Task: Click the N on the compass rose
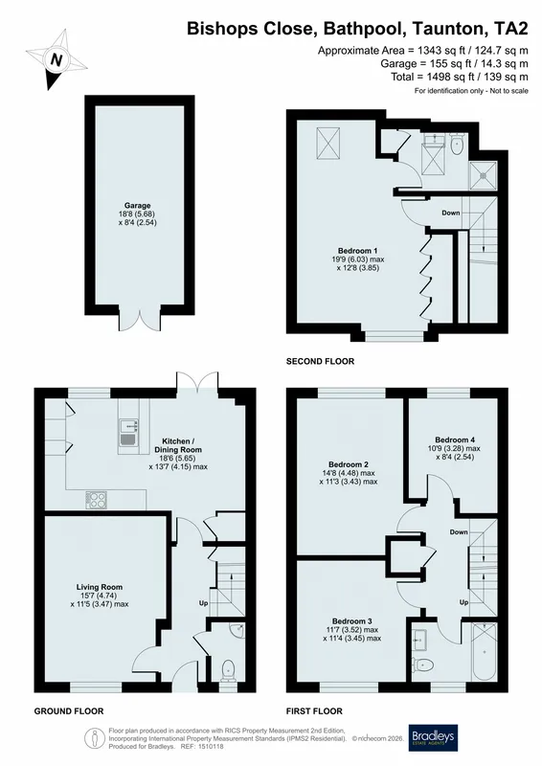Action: point(57,60)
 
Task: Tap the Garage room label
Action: point(137,206)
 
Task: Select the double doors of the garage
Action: point(140,320)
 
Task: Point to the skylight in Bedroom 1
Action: point(327,143)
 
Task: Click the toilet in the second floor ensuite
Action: point(457,146)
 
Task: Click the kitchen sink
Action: point(128,433)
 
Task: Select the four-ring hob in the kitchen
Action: point(97,500)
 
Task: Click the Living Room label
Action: point(100,587)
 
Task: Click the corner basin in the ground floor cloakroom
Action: point(238,630)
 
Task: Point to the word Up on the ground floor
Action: point(203,603)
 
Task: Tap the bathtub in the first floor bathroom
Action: point(484,652)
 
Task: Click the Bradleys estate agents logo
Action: point(433,737)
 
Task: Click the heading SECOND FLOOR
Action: point(320,362)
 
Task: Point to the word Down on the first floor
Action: point(459,532)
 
